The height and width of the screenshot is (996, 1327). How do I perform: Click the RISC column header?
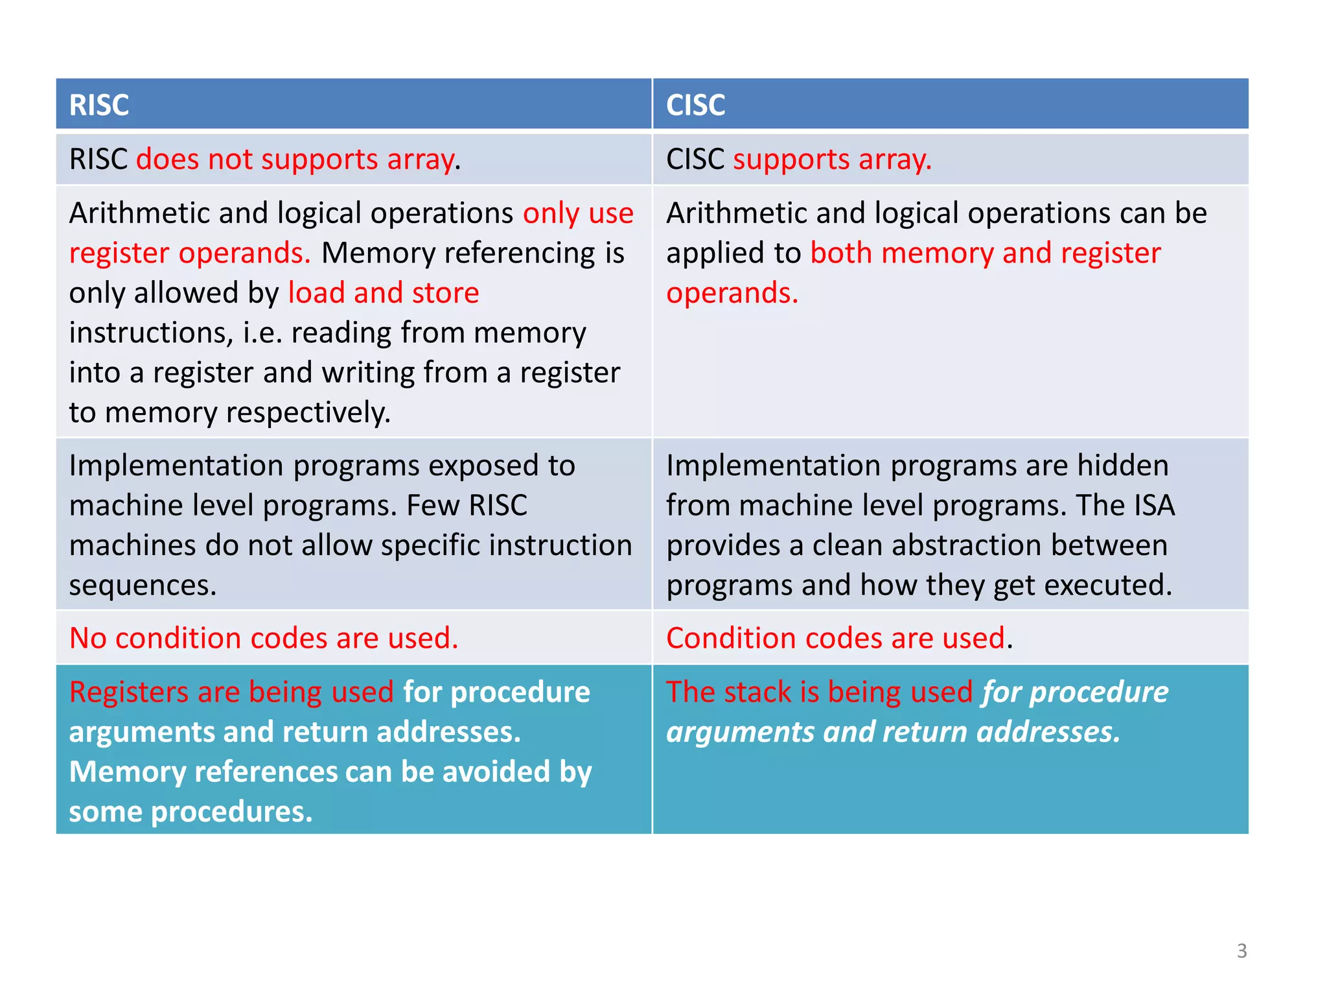[x=99, y=105]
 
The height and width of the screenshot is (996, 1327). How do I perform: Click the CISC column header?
[x=695, y=105]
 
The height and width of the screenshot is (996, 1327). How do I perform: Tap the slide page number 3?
[x=1241, y=951]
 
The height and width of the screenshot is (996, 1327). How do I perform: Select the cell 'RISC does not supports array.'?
[x=265, y=160]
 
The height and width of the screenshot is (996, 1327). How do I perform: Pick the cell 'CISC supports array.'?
[x=798, y=160]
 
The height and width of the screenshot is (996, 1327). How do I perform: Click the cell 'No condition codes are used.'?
[x=264, y=638]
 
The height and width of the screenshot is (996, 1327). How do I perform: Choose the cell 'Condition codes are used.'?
[x=838, y=638]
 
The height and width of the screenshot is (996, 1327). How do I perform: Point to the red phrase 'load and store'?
[x=384, y=293]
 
